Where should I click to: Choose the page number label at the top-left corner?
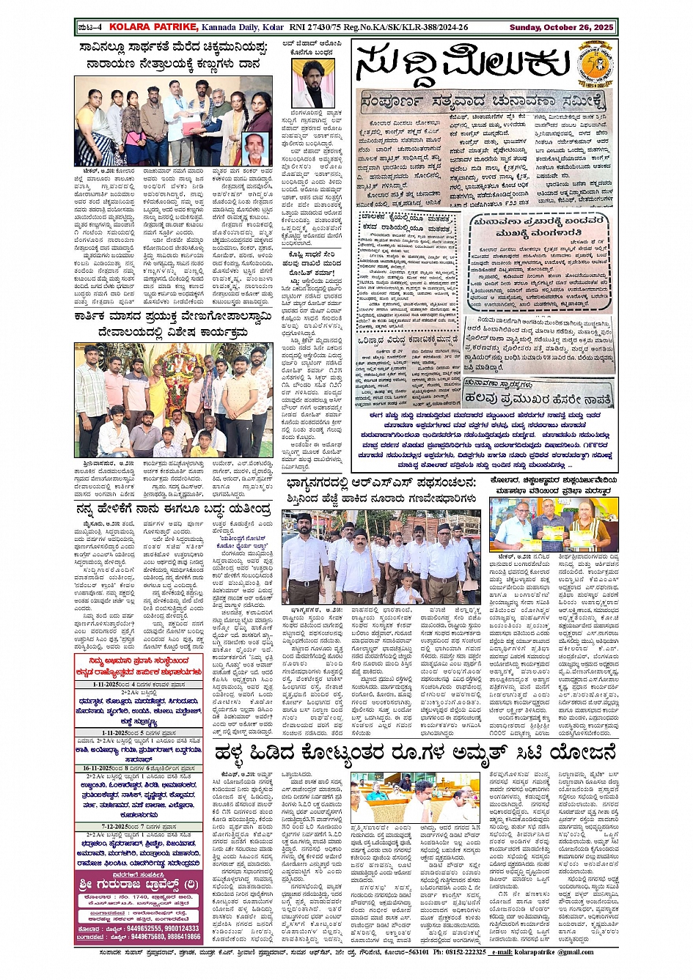(x=89, y=27)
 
